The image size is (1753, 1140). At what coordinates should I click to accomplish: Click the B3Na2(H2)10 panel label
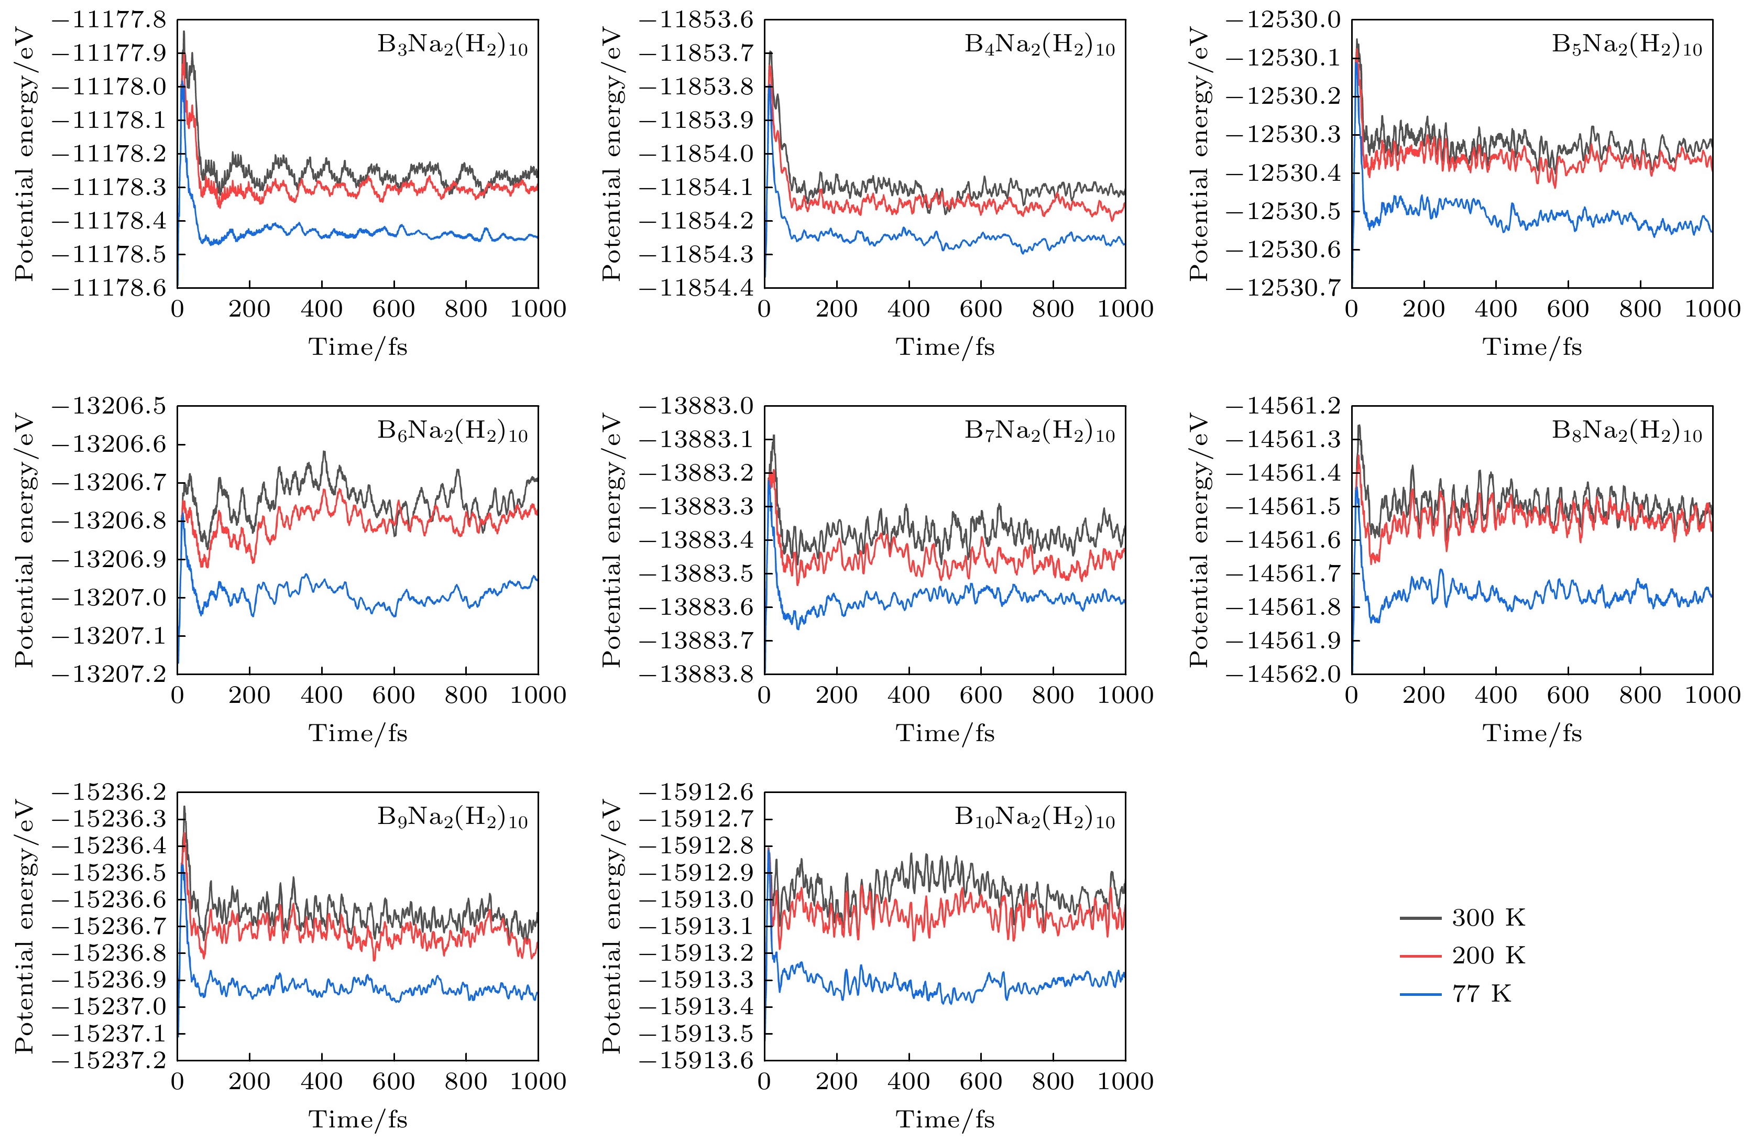pos(452,46)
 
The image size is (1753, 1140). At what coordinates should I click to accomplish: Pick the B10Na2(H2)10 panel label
pos(1035,818)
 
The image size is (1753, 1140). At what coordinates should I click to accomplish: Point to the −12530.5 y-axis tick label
pos(1283,212)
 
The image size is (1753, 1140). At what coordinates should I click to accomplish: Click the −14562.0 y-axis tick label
pos(1283,674)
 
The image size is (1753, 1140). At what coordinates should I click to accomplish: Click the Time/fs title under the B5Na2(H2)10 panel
pos(1532,346)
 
